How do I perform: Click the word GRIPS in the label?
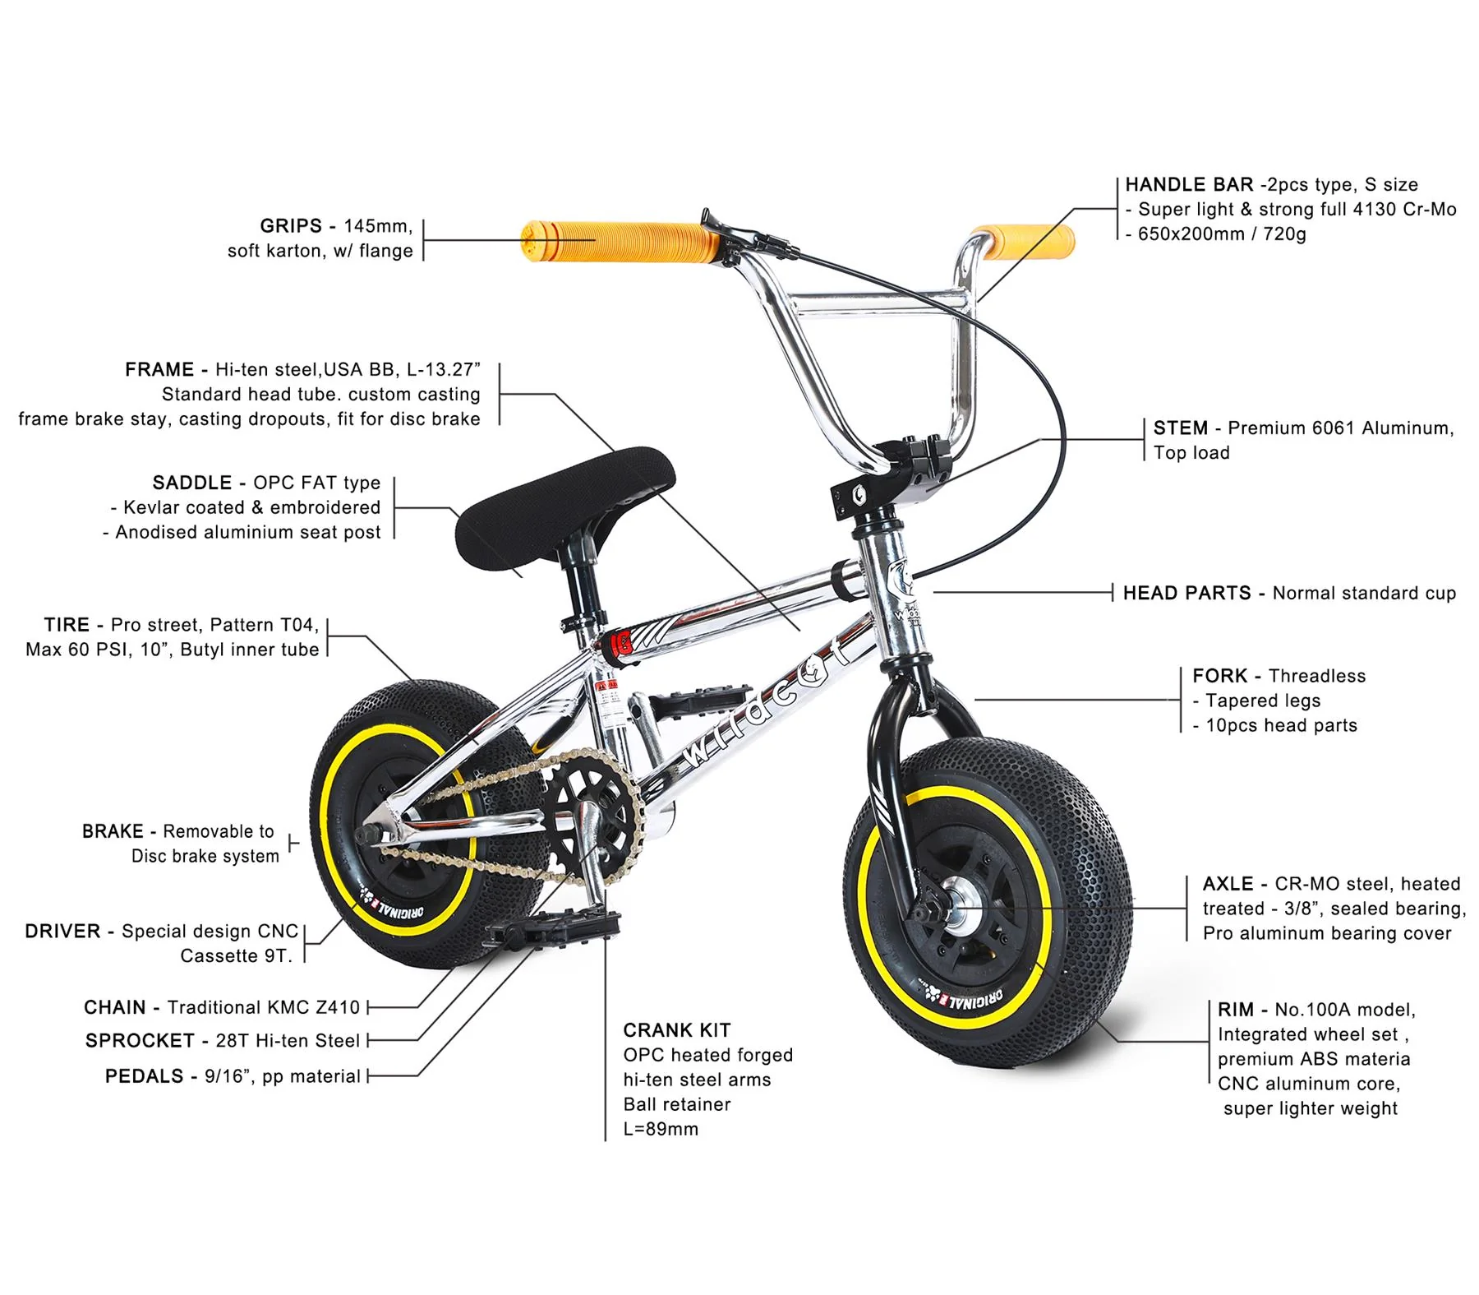point(291,226)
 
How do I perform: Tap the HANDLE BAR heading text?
point(1189,185)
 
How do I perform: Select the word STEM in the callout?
point(1181,428)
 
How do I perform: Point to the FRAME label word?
point(159,370)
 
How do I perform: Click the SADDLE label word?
point(192,483)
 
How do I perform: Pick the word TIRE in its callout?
point(67,626)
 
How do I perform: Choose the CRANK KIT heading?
point(677,1031)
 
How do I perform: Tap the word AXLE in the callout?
point(1228,885)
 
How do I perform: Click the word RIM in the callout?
point(1236,1011)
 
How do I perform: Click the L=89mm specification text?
point(661,1130)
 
